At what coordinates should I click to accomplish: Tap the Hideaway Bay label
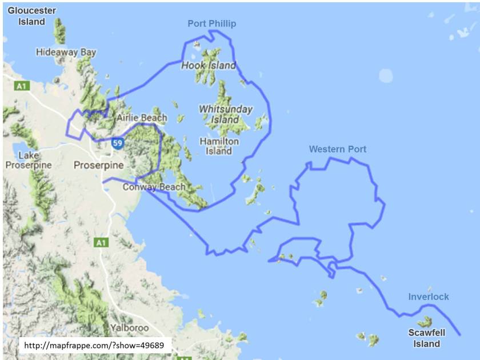[x=66, y=52]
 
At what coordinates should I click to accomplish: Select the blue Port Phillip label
[x=211, y=23]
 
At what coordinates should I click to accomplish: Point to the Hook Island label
[x=209, y=66]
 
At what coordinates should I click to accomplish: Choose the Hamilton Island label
[x=219, y=146]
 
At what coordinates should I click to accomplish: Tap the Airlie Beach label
[x=142, y=118]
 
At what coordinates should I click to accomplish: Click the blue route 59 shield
[x=117, y=143]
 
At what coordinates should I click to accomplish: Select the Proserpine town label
[x=99, y=165]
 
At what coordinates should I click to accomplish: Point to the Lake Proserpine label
[x=29, y=160]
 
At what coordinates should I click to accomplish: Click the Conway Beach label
[x=154, y=187]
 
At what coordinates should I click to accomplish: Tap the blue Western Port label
[x=337, y=149]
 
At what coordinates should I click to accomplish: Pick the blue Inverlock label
[x=428, y=297]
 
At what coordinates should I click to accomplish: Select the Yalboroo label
[x=129, y=328]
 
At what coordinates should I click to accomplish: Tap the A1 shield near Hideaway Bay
[x=22, y=86]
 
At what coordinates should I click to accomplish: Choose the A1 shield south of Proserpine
[x=101, y=243]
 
